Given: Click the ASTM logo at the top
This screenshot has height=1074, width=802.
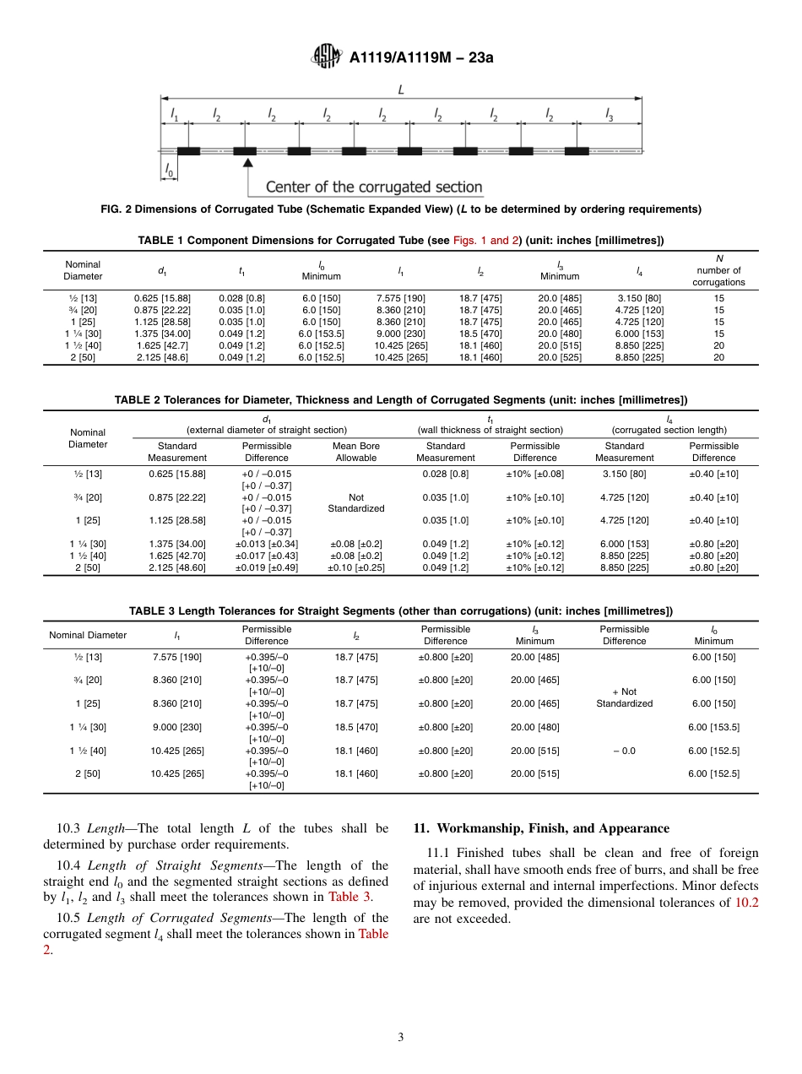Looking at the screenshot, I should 326,57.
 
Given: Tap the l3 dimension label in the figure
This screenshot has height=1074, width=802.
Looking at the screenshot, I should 610,114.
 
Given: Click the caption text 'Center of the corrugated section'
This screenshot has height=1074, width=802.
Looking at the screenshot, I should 374,187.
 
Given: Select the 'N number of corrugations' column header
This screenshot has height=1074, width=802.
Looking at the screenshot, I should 718,270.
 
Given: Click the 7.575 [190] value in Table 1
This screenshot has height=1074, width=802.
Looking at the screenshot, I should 400,298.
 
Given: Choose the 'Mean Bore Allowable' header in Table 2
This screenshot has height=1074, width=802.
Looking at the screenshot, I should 356,452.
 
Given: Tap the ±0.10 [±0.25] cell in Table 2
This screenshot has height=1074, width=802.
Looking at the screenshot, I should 356,567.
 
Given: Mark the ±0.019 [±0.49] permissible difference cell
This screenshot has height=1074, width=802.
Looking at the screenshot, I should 266,567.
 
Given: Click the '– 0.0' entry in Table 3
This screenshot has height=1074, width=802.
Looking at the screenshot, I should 624,751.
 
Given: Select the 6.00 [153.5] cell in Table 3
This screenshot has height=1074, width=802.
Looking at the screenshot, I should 713,727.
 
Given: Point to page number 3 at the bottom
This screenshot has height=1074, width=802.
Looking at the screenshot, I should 401,1038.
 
